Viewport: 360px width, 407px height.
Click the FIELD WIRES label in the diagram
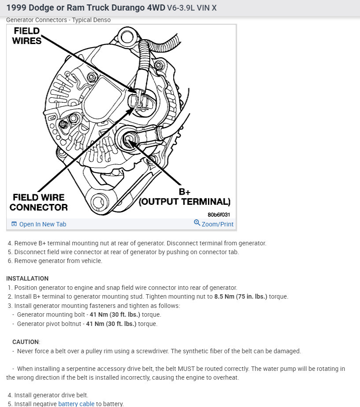pyautogui.click(x=27, y=36)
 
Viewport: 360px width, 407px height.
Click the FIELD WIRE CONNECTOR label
pyautogui.click(x=39, y=202)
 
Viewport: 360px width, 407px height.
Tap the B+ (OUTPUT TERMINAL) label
pyautogui.click(x=185, y=197)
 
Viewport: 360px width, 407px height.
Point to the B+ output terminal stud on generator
pyautogui.click(x=129, y=140)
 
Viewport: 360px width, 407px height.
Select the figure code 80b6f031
pyautogui.click(x=219, y=215)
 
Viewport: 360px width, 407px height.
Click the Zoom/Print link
pyautogui.click(x=217, y=224)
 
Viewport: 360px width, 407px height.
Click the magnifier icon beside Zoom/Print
pyautogui.click(x=197, y=223)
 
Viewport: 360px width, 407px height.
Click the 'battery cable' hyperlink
pyautogui.click(x=76, y=403)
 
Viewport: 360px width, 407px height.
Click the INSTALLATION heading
pyautogui.click(x=27, y=278)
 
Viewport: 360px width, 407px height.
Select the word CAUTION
pyautogui.click(x=26, y=342)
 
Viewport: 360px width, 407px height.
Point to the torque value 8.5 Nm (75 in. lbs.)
pyautogui.click(x=241, y=296)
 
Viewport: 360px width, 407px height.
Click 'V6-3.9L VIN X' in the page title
pyautogui.click(x=192, y=8)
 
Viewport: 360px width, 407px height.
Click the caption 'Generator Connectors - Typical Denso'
pyautogui.click(x=58, y=20)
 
